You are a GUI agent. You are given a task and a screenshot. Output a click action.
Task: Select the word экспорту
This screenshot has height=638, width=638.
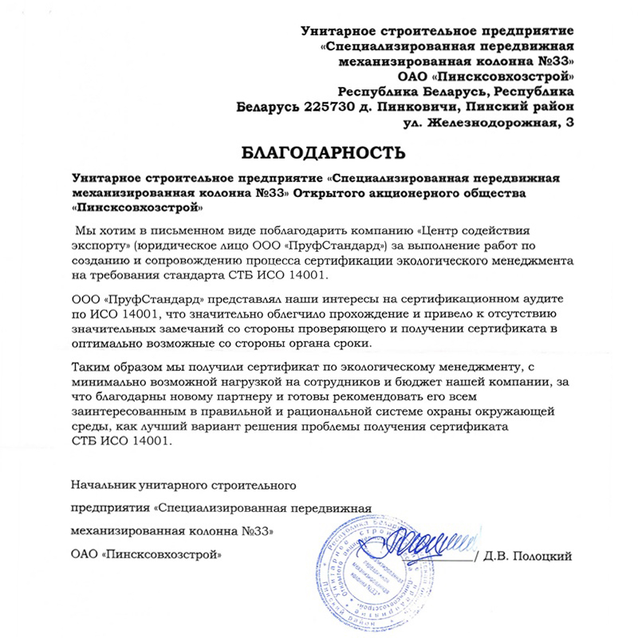pyautogui.click(x=100, y=246)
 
